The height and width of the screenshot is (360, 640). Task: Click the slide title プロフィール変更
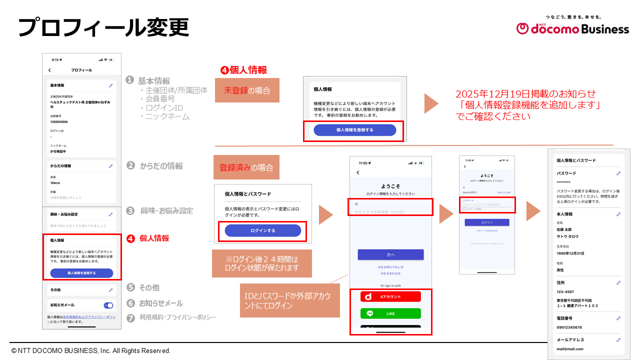pos(103,27)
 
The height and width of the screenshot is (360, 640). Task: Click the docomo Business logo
pos(572,28)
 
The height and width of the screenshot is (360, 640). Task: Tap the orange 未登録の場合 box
pos(247,90)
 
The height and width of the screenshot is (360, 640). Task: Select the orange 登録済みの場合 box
pos(246,167)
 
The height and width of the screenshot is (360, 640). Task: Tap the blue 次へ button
pos(390,254)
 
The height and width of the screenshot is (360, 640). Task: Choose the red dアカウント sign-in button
pos(390,296)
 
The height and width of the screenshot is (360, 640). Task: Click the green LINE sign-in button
pos(390,313)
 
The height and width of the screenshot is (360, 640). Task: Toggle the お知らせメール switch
pos(108,305)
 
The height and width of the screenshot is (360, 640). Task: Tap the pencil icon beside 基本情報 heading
pos(110,85)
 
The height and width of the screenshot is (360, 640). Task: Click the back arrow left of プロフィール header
pos(49,70)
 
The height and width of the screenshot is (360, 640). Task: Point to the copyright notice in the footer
pos(91,351)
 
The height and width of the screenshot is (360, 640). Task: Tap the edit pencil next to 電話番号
pos(618,318)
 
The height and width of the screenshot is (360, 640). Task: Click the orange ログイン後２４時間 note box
pos(262,263)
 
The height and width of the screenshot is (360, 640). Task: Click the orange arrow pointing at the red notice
pos(431,103)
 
